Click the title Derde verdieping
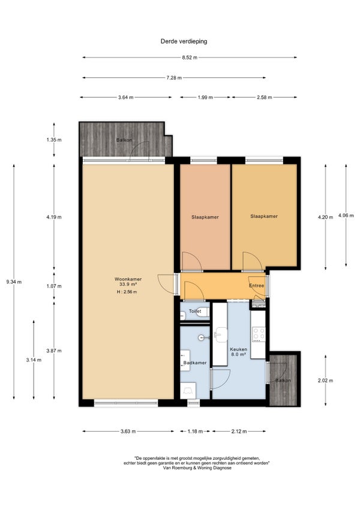[184, 41]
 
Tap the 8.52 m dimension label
[190, 58]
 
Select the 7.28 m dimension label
[174, 78]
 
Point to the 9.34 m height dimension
[14, 282]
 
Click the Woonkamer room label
[128, 279]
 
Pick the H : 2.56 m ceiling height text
[127, 292]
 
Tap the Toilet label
[195, 311]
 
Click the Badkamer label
[195, 363]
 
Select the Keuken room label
[239, 349]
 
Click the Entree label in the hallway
[256, 286]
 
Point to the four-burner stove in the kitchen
[259, 334]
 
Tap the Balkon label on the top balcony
[124, 140]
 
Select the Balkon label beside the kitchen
[283, 381]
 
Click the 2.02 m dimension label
[326, 381]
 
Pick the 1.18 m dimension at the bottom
[195, 432]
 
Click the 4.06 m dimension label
[346, 215]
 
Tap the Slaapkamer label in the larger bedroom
[264, 216]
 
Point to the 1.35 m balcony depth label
[54, 140]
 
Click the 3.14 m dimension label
[34, 360]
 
